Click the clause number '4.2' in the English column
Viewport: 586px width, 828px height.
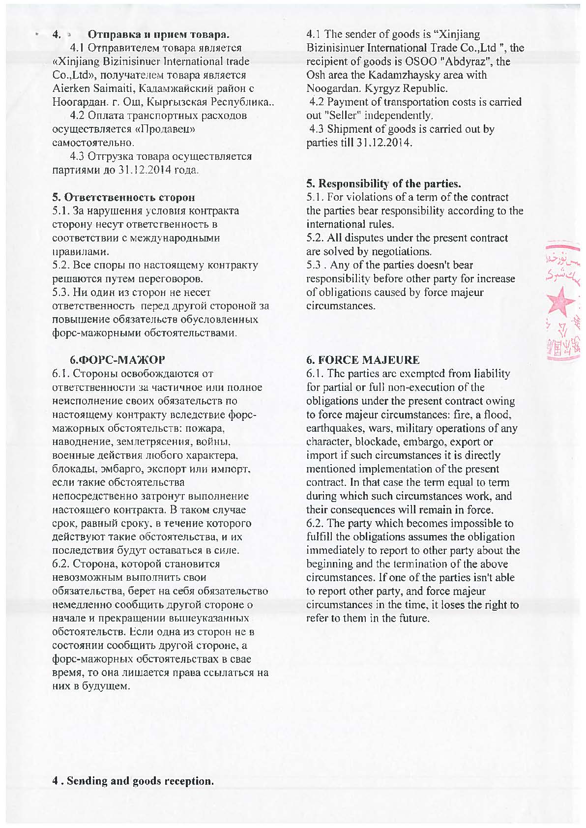(x=317, y=102)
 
